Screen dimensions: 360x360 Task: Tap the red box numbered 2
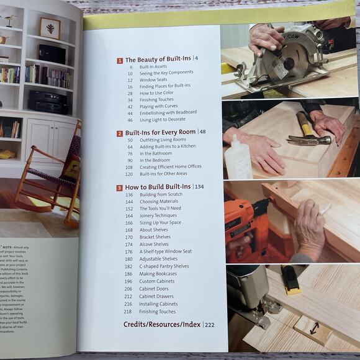[x=119, y=133]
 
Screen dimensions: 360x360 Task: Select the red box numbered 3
[x=119, y=187]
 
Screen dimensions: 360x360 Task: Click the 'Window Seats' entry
[x=153, y=80]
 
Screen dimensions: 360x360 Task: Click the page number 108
[x=129, y=167]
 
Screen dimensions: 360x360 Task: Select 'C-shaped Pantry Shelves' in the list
[x=164, y=266]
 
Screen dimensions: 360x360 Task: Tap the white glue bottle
[x=237, y=157]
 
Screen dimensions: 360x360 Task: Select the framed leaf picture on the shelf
[x=50, y=27]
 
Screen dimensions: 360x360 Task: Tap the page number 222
[x=210, y=325]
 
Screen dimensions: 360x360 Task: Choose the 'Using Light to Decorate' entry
[x=163, y=119]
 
